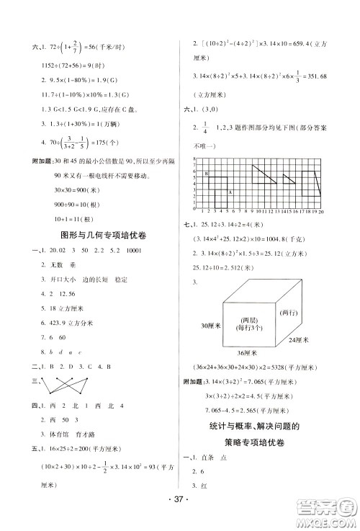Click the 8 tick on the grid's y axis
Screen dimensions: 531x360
[197, 165]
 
